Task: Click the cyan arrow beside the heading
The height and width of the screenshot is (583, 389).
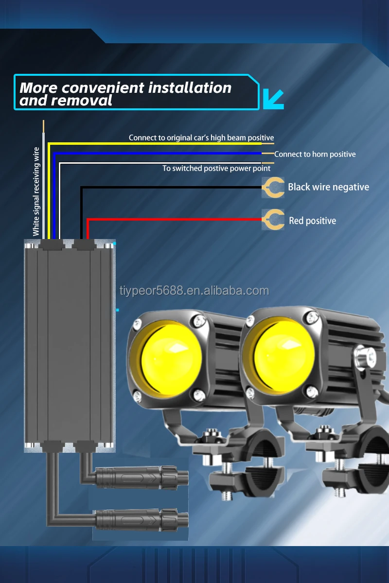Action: (273, 98)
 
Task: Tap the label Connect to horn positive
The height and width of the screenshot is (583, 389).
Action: (315, 154)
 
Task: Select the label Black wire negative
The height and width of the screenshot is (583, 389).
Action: (328, 187)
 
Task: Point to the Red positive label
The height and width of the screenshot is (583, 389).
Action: (312, 221)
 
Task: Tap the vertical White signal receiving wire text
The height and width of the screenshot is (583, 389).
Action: (36, 192)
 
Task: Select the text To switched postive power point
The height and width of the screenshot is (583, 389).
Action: (216, 169)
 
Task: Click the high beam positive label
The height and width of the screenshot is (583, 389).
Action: (201, 138)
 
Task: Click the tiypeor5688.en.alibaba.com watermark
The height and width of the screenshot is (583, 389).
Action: (194, 291)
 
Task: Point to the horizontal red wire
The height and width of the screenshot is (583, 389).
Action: (175, 220)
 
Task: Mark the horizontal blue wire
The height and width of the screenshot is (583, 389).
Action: (160, 153)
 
